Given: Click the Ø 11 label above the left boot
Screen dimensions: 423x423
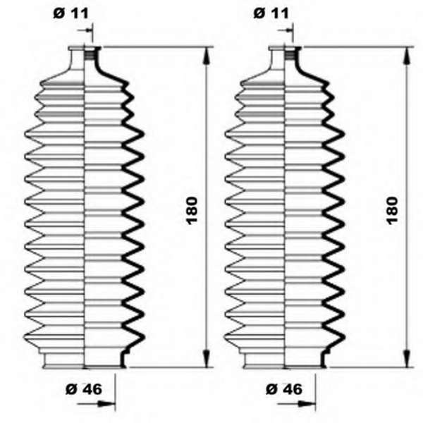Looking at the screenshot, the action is (70, 13).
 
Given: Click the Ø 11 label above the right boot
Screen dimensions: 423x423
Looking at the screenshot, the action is (271, 13).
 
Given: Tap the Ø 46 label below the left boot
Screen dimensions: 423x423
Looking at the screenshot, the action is (84, 389).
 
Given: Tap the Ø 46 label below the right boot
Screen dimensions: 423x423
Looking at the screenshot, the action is (284, 389).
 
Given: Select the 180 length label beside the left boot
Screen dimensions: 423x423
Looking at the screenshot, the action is (192, 211).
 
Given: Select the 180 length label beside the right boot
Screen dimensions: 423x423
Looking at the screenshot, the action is (392, 211).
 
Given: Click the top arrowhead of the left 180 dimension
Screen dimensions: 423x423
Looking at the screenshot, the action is (206, 56).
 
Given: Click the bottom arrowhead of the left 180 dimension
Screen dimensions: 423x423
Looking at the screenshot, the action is (206, 359).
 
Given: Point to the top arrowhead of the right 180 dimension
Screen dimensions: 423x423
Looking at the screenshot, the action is (407, 56).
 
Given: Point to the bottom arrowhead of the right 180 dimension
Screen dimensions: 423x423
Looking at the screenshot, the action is (407, 359).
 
